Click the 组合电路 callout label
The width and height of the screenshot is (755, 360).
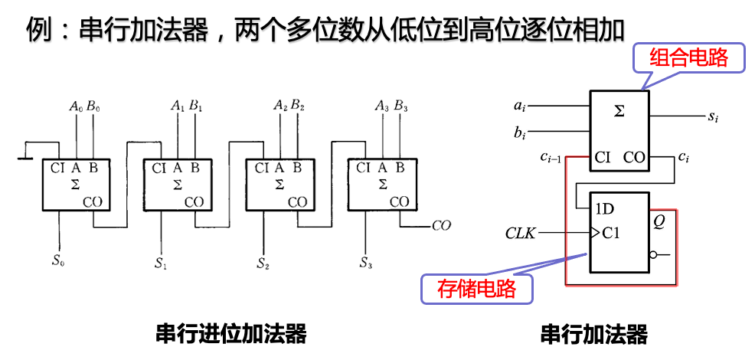tap(688, 57)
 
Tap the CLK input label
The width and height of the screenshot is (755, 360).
tap(521, 232)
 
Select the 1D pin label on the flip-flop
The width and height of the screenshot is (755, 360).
tap(604, 208)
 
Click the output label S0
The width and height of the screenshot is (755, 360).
tap(58, 260)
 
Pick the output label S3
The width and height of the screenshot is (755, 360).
tap(366, 263)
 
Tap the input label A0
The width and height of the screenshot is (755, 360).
tap(76, 106)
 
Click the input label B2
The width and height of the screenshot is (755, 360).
tap(297, 105)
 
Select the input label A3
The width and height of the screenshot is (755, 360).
tap(382, 105)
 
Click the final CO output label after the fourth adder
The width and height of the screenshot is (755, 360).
tap(441, 226)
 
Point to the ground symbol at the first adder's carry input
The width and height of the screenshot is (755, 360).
tap(25, 157)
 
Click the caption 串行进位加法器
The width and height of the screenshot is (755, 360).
tap(231, 334)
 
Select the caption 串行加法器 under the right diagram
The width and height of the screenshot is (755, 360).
tap(593, 334)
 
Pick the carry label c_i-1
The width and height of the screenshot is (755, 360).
tap(551, 159)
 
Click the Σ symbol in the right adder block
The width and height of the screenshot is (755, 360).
tap(619, 112)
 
